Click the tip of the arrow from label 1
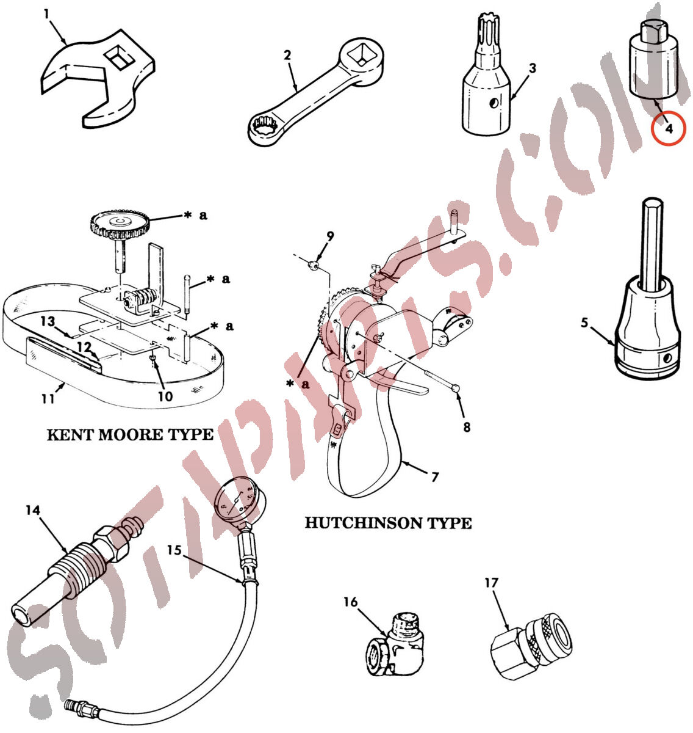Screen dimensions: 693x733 [x=66, y=45]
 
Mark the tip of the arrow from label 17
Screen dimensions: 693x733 [x=508, y=631]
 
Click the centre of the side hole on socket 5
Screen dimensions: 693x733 [x=666, y=359]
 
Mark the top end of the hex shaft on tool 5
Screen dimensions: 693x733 [x=653, y=200]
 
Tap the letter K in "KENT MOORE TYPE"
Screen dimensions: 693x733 [x=54, y=435]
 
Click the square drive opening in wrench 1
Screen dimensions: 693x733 [x=120, y=57]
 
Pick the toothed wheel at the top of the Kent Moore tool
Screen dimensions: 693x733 [x=120, y=225]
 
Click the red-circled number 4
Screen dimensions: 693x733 [x=669, y=129]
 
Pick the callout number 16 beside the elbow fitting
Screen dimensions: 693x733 [x=350, y=602]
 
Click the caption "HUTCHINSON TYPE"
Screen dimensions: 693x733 [x=388, y=523]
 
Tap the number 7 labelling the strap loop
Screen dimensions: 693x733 [x=435, y=477]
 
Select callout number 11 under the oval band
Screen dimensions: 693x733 [x=48, y=399]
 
